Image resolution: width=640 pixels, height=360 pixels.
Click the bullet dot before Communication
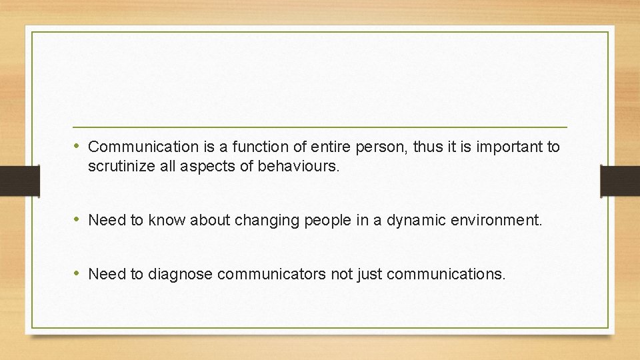[78, 146]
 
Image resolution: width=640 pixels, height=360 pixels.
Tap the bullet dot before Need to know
[78, 219]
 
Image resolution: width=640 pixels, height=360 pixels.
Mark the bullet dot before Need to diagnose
[78, 273]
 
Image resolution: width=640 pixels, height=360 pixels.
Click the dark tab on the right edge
[620, 181]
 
